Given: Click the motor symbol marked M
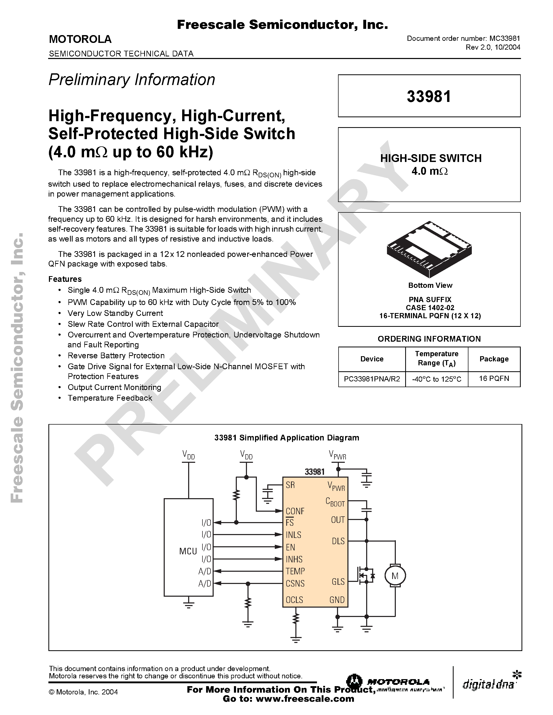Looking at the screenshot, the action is pos(395,576).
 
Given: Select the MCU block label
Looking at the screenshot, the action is pos(188,551).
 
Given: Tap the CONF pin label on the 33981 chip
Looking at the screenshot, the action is pos(295,511).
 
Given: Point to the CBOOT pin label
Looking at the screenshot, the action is pos(335,502).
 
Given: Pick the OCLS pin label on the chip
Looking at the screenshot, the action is pos(294,600).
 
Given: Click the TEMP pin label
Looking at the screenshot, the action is pos(295,571).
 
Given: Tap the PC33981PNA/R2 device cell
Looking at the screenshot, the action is pos(372,379).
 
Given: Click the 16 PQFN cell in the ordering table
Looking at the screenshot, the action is pos(494,379).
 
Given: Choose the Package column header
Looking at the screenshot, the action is pos(494,359).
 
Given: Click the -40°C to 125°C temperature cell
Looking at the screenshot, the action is pos(436,379).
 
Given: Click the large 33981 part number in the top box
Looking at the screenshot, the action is pos(429,96).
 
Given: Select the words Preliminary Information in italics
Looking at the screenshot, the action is pos(132,80).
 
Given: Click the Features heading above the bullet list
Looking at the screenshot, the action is pos(65,279).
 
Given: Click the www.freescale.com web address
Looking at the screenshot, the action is pos(305,699).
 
